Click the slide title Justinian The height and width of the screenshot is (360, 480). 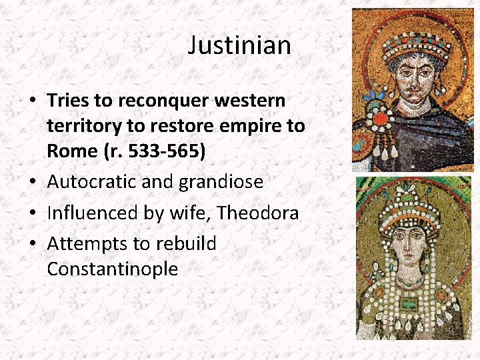tap(239, 45)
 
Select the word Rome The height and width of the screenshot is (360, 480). tap(71, 151)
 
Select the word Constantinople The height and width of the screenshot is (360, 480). tap(113, 269)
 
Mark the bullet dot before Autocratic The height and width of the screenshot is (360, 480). tap(33, 182)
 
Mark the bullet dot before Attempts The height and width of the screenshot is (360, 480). tap(33, 245)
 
